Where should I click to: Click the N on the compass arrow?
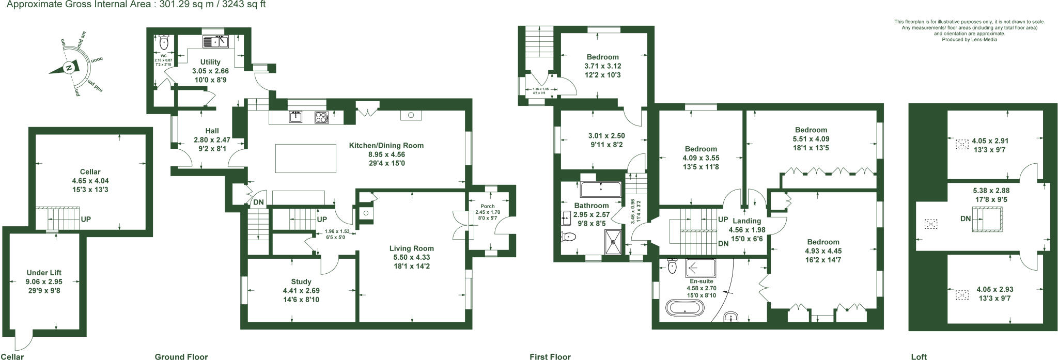(68, 68)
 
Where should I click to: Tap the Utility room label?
(210, 62)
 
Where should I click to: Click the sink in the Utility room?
(216, 41)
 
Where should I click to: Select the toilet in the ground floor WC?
(164, 41)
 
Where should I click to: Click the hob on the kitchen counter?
(321, 117)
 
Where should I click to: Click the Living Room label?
(411, 248)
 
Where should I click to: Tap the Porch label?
(487, 207)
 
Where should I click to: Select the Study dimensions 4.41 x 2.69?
(301, 290)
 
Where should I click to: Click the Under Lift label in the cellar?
(44, 273)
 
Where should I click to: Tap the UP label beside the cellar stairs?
(86, 220)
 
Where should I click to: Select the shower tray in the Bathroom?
(615, 242)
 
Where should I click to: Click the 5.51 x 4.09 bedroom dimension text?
(811, 139)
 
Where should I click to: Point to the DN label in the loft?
(966, 219)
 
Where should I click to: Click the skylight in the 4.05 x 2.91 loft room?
(961, 144)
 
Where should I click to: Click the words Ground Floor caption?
(181, 356)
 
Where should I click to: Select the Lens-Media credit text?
(969, 39)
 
